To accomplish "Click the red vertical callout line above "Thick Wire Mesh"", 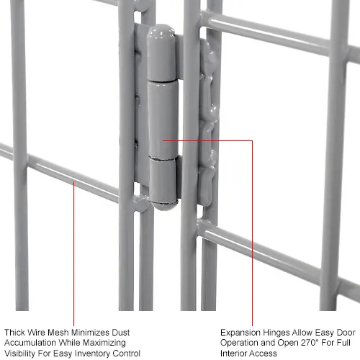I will coord(75,252).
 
